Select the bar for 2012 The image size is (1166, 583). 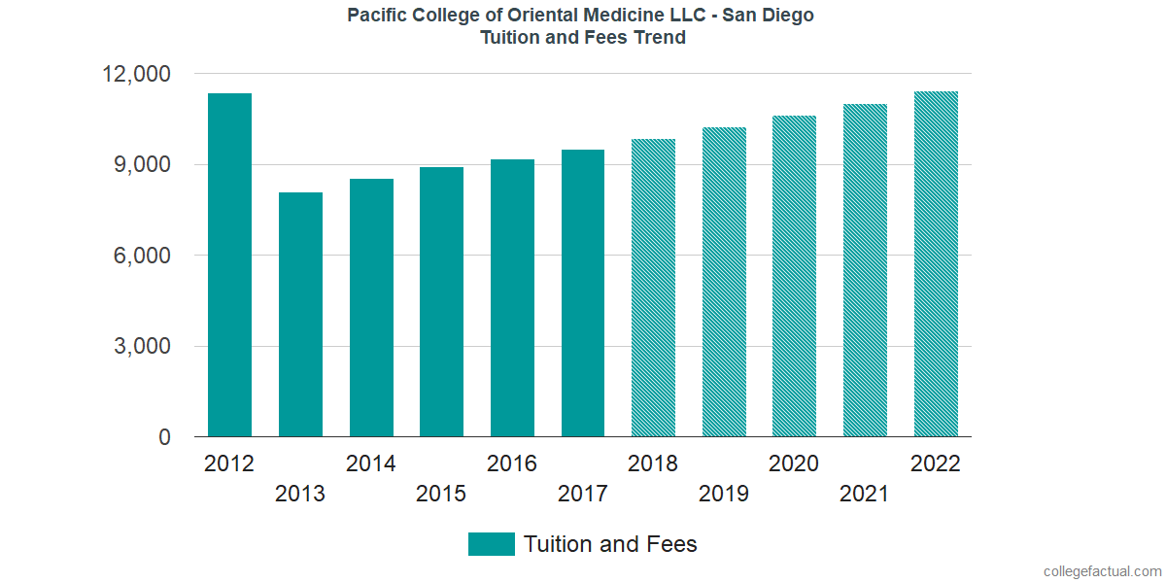[229, 265]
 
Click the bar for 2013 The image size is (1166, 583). [300, 315]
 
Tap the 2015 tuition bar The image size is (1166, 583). [441, 302]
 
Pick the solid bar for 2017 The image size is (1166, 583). [583, 293]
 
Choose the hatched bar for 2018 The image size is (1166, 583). [653, 288]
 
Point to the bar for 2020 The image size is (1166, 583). [794, 277]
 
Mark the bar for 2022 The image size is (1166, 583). [936, 264]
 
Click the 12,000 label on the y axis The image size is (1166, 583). [136, 75]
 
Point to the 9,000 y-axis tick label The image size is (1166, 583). [142, 165]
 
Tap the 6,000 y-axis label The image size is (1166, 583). [142, 257]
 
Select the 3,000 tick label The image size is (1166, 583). [142, 347]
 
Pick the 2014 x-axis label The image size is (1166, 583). [371, 463]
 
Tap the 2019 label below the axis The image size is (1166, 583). [724, 495]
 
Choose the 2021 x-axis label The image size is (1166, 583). [865, 495]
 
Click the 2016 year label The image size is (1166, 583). [512, 463]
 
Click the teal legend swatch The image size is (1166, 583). [491, 544]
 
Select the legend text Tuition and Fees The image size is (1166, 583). [610, 544]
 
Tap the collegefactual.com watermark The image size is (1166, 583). [1102, 570]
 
